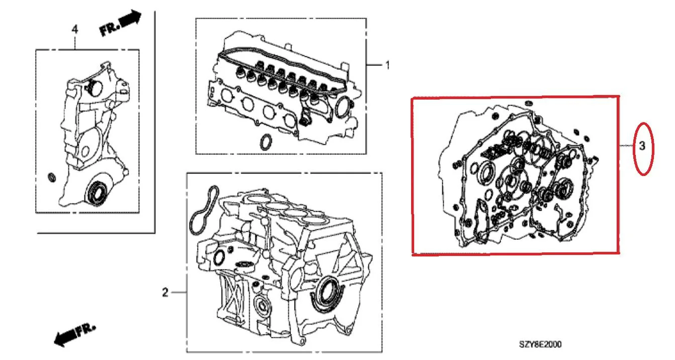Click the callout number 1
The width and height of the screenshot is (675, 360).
[x=388, y=65]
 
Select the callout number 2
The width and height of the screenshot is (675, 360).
[x=165, y=293]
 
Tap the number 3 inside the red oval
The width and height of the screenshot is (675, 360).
[x=642, y=146]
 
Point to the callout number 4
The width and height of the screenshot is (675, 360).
[x=75, y=29]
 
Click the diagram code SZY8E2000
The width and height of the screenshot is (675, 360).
[x=540, y=344]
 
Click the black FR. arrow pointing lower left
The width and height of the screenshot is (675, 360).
[x=75, y=335]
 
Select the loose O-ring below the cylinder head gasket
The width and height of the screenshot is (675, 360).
[x=266, y=142]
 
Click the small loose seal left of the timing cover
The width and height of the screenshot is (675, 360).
[x=52, y=177]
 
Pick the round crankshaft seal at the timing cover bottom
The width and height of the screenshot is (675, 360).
[x=97, y=193]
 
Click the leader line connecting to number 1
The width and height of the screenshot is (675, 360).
[x=374, y=65]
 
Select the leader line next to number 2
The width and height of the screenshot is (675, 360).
[x=179, y=293]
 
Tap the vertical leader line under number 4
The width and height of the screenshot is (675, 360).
[x=75, y=42]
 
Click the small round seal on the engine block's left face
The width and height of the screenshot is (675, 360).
[x=219, y=258]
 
